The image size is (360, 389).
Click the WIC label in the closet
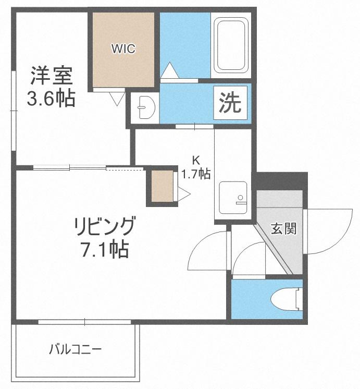(123, 48)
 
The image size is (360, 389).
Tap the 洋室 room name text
(52, 76)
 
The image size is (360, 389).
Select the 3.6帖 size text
(51, 98)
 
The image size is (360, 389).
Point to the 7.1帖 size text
(105, 249)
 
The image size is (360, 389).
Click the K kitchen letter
(196, 160)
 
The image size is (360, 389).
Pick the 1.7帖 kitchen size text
(196, 174)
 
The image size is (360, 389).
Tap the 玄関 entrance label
(283, 228)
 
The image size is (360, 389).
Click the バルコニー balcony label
(76, 349)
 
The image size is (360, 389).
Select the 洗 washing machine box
(230, 103)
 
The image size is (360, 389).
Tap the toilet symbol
(287, 299)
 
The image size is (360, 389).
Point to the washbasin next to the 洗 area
(145, 107)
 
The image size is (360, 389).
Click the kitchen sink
(233, 198)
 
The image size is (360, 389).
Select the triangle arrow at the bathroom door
(170, 70)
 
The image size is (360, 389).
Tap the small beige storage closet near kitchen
(162, 186)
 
